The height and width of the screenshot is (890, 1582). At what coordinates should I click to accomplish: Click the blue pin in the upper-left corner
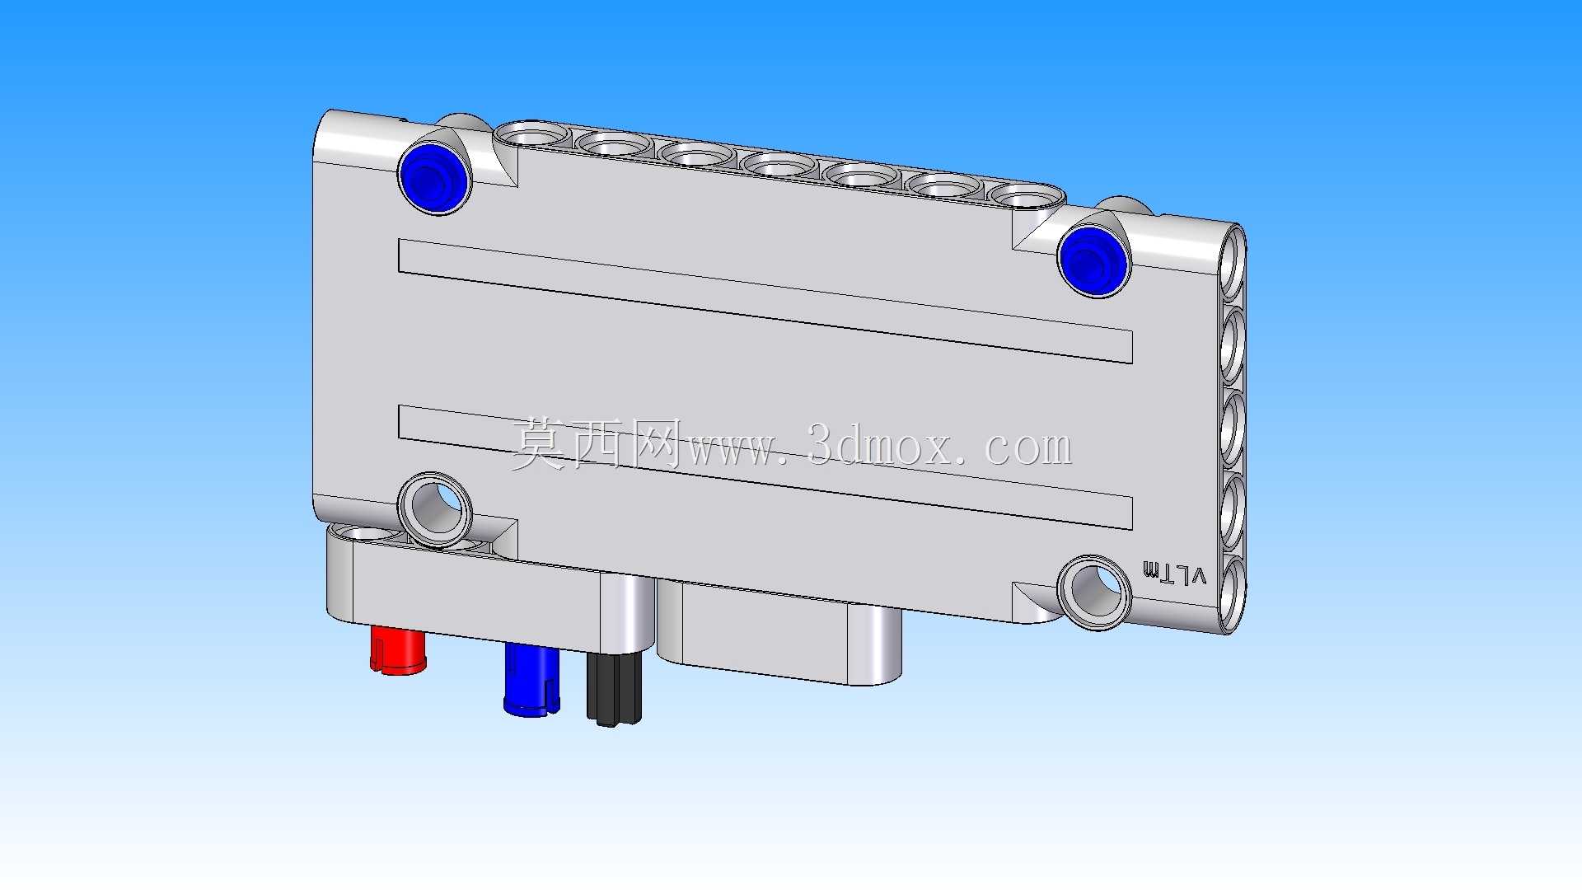pyautogui.click(x=434, y=176)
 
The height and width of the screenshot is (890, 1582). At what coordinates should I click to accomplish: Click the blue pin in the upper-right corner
pyautogui.click(x=1093, y=260)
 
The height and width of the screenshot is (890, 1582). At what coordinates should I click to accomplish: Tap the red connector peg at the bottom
pyautogui.click(x=398, y=650)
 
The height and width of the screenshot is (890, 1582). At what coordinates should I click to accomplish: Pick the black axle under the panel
pyautogui.click(x=614, y=689)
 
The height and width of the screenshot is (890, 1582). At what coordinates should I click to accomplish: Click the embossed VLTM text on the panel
pyautogui.click(x=1174, y=574)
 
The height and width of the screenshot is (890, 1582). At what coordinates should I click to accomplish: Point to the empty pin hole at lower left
pyautogui.click(x=434, y=508)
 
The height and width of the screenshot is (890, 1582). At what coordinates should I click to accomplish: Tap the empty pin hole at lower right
pyautogui.click(x=1093, y=593)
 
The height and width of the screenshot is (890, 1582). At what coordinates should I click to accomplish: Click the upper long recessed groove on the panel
pyautogui.click(x=765, y=301)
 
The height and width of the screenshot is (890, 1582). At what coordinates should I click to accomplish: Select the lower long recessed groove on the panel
pyautogui.click(x=765, y=466)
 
